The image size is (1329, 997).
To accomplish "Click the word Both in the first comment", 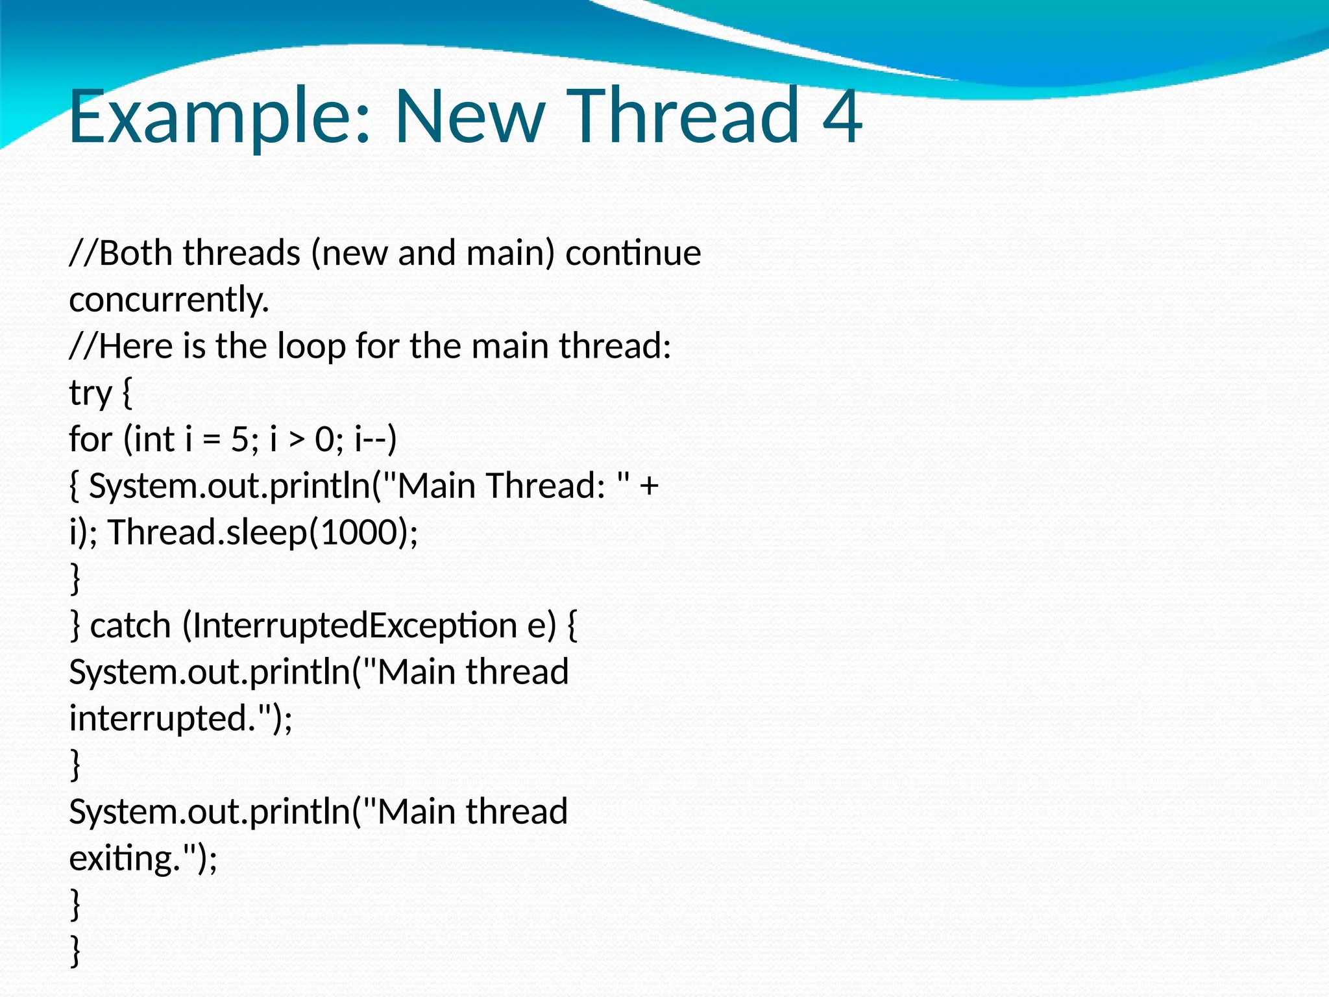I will pos(136,252).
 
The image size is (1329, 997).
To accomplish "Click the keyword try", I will pos(90,393).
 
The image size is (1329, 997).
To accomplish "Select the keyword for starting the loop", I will pos(90,439).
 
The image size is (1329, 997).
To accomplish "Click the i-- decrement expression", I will pos(375,439).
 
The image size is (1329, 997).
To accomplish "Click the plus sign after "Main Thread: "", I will pos(649,486).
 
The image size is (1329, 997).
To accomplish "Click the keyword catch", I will pos(130,626).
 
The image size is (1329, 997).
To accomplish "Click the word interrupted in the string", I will pos(158,719).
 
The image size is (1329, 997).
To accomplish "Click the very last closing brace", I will pos(75,951).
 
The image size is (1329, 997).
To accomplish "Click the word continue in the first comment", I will pos(633,252).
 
